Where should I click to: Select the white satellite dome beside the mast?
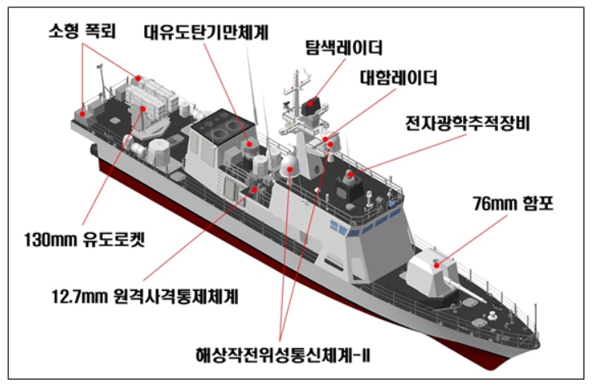click(x=289, y=165)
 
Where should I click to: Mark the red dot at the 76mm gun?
click(x=438, y=262)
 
